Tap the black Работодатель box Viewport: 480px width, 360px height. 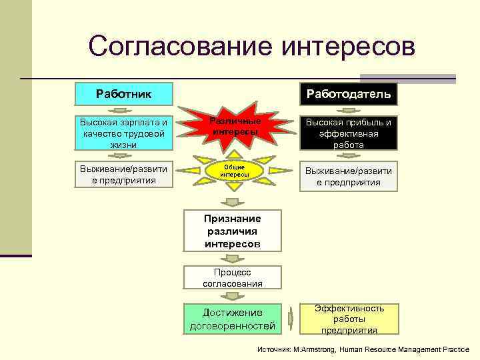point(349,93)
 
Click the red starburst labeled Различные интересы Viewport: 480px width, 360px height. point(234,127)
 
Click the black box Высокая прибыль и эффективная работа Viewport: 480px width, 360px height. point(349,133)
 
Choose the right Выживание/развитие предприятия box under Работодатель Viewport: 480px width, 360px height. point(349,176)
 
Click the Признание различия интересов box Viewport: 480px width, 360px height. point(232,231)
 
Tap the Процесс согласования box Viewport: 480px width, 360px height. point(232,277)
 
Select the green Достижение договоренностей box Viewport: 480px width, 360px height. point(232,319)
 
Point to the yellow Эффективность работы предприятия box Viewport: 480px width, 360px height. point(349,319)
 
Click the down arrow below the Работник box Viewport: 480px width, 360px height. point(124,111)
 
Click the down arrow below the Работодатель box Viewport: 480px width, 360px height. point(349,111)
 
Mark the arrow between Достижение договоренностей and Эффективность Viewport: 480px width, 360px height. point(291,319)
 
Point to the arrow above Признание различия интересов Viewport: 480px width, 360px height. point(232,203)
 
